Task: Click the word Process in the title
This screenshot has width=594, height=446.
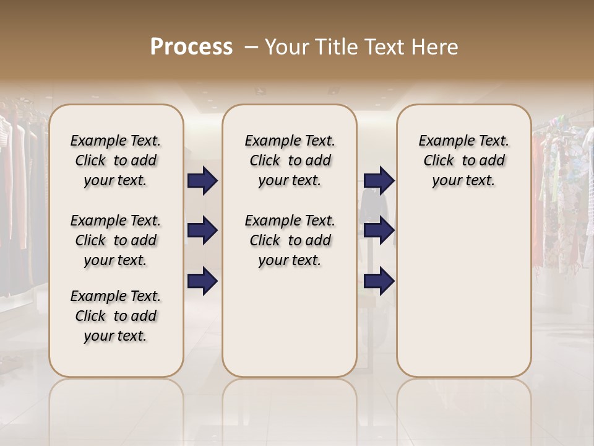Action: pyautogui.click(x=191, y=46)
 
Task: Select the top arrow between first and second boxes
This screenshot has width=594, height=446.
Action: pyautogui.click(x=202, y=180)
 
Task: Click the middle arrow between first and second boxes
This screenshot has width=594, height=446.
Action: pyautogui.click(x=202, y=231)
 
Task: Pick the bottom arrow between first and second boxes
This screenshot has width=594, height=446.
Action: pyautogui.click(x=202, y=281)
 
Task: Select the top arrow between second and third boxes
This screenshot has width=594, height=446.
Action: pyautogui.click(x=379, y=180)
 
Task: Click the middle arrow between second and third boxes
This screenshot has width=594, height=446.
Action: pyautogui.click(x=379, y=231)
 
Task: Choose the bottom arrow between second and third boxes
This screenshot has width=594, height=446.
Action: pyautogui.click(x=379, y=281)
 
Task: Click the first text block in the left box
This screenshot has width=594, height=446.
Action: pyautogui.click(x=116, y=160)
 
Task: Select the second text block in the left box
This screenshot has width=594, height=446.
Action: pyautogui.click(x=116, y=240)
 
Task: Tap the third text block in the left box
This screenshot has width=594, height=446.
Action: pyautogui.click(x=116, y=316)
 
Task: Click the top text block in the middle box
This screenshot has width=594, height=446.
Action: pyautogui.click(x=290, y=160)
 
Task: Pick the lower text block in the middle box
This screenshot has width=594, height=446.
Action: pyautogui.click(x=290, y=240)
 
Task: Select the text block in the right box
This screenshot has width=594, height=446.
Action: pyautogui.click(x=463, y=160)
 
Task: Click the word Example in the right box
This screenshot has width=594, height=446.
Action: pyautogui.click(x=444, y=141)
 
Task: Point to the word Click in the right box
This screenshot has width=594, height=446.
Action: pyautogui.click(x=439, y=160)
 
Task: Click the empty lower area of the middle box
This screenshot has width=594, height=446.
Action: pyautogui.click(x=290, y=322)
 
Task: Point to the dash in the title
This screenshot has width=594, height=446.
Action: pyautogui.click(x=252, y=46)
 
